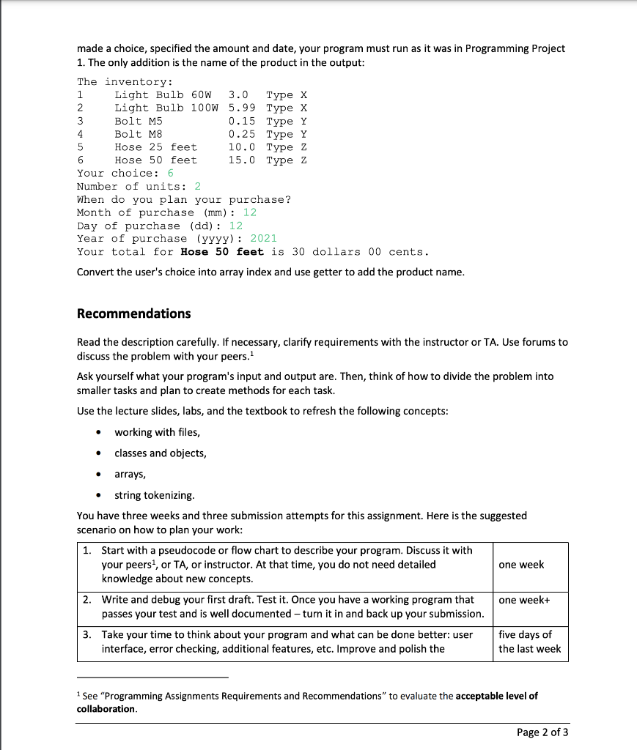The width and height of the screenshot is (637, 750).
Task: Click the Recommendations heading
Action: click(133, 313)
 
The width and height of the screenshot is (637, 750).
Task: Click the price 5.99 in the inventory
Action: click(242, 108)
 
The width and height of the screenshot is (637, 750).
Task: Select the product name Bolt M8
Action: click(139, 134)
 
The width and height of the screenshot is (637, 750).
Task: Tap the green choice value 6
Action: click(171, 174)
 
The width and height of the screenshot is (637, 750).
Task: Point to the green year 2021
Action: click(264, 239)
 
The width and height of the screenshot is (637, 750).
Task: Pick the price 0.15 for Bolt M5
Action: click(242, 121)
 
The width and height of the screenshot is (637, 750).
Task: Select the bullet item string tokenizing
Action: click(155, 495)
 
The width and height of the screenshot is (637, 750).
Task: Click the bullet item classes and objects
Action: click(160, 453)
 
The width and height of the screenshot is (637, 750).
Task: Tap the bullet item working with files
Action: click(157, 432)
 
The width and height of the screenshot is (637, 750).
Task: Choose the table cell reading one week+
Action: click(523, 600)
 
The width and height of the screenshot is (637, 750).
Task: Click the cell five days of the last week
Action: click(529, 642)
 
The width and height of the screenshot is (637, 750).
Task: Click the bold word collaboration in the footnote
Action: click(106, 709)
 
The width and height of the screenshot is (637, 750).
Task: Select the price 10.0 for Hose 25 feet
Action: click(242, 147)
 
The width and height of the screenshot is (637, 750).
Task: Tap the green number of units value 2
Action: click(198, 187)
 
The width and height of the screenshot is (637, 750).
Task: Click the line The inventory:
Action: click(125, 81)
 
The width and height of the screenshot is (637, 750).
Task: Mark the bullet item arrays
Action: click(130, 474)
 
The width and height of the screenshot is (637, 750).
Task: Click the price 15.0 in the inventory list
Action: click(242, 160)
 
